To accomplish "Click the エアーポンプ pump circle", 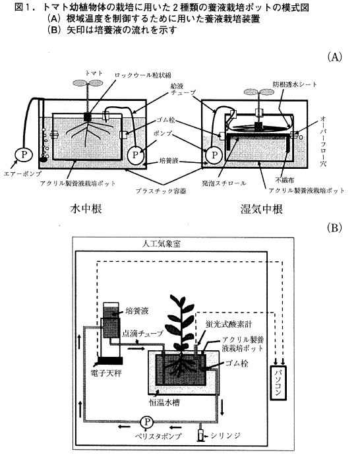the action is coord(24,154).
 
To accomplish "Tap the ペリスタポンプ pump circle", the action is coord(146,422).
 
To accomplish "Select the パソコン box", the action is coord(278,383).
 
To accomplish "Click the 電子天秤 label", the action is coord(106,373).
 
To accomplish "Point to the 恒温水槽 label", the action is coord(164,402).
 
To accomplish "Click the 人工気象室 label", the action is coord(162,243).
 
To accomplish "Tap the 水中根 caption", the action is coord(86,208).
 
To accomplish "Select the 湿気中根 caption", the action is coord(261,209).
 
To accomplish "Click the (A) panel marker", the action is coord(334,57).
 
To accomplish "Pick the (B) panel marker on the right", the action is coord(334,228).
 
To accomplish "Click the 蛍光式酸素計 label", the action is coord(229,324).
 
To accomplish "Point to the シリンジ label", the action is coord(225,435).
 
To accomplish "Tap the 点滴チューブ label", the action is coord(142,334).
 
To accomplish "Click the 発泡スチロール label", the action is coord(224,183).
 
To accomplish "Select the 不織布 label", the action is coord(284,179).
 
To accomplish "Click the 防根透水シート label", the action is coord(295,84).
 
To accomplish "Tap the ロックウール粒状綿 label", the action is coord(142,75).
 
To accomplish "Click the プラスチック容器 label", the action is coord(161,191).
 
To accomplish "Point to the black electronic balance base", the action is coord(109,361).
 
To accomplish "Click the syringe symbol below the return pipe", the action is coord(200,435).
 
